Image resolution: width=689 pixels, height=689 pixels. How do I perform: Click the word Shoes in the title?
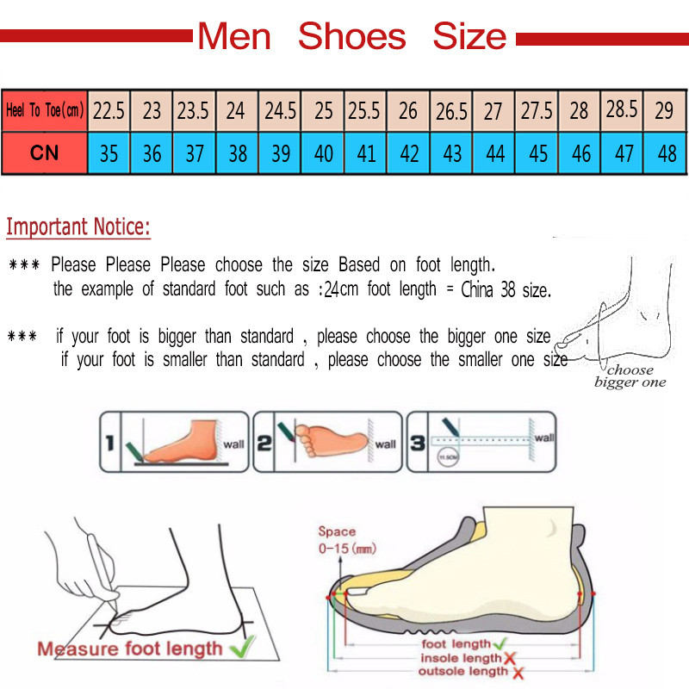[351, 37]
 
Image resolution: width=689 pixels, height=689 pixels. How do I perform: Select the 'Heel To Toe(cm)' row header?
[44, 111]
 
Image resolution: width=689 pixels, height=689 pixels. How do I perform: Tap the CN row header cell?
[44, 153]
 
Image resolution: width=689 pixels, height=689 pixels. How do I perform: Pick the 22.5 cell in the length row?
[109, 111]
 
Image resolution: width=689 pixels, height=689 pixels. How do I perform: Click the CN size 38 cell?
[238, 153]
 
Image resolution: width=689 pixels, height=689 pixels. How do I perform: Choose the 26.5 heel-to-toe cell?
[451, 111]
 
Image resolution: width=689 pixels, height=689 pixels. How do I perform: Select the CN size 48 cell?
[666, 153]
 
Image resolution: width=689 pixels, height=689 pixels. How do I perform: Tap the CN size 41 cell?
[366, 153]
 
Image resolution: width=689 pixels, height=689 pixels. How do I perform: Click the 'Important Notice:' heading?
[78, 228]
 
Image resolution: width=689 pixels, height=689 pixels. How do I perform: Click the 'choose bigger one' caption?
[630, 376]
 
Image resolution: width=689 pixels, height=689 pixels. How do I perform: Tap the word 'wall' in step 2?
[385, 444]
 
